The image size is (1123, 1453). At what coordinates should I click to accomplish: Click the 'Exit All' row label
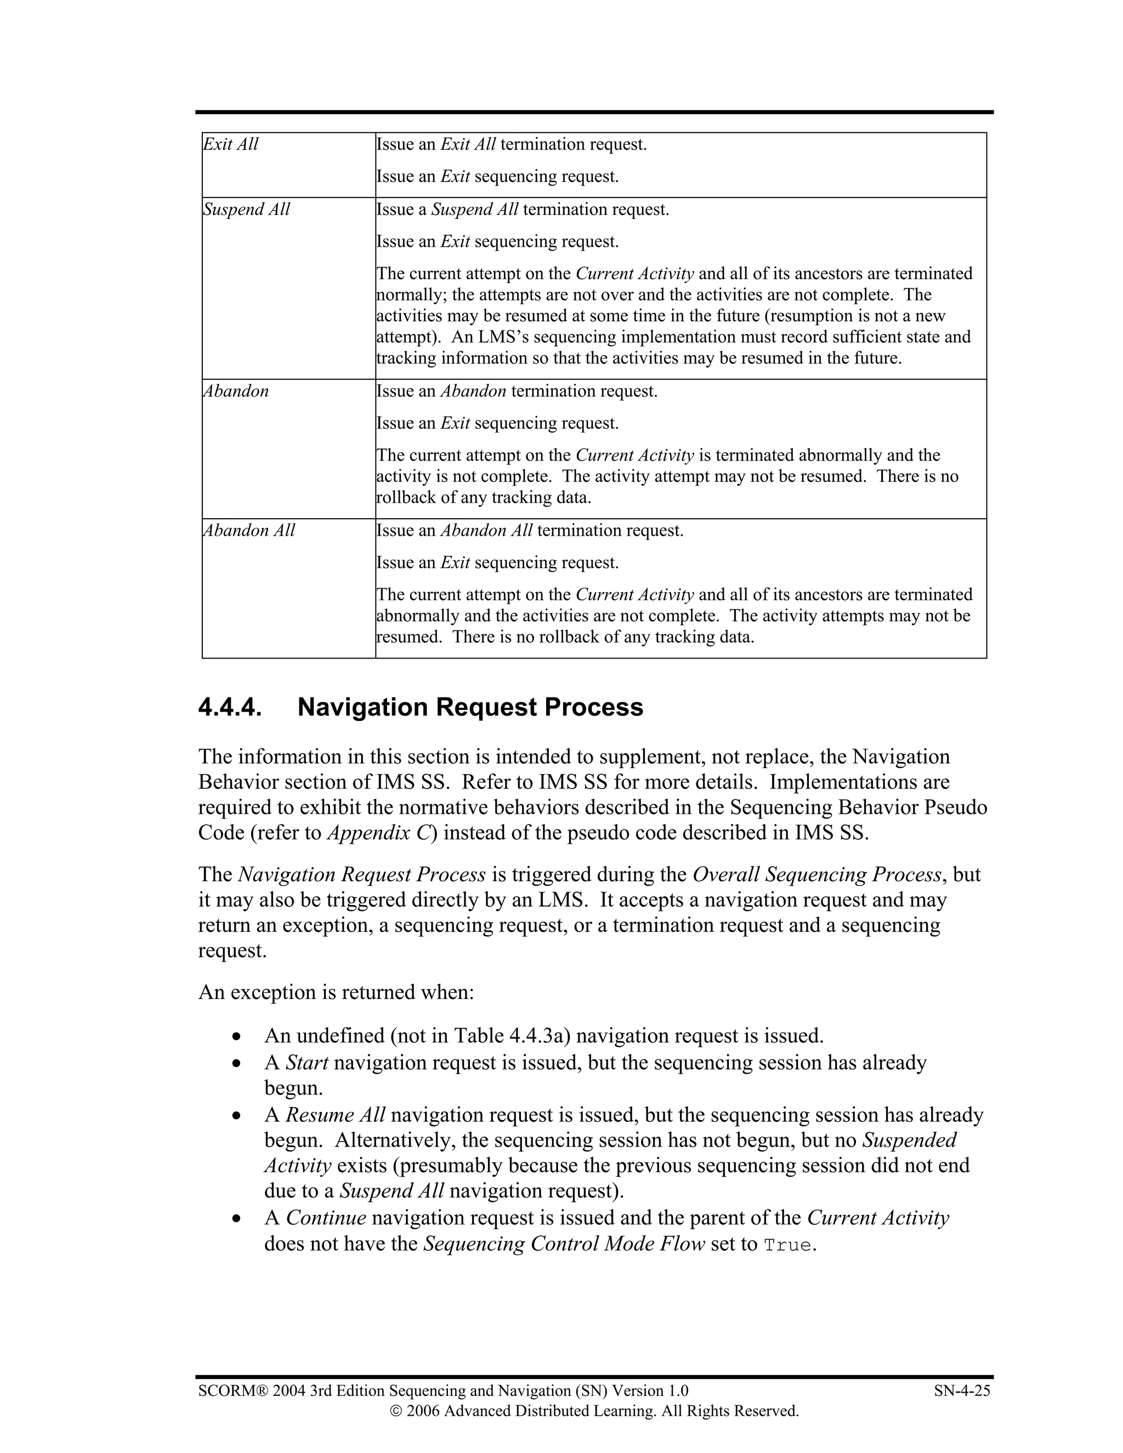coord(230,144)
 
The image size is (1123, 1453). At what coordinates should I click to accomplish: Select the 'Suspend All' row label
coord(246,209)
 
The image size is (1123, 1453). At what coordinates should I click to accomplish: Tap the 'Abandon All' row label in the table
coord(248,530)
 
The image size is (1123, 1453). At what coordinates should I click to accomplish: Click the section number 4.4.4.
coord(230,707)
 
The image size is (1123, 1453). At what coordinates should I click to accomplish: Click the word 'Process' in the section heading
coord(593,707)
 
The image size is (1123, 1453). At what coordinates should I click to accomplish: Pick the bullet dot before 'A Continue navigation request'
coord(236,1219)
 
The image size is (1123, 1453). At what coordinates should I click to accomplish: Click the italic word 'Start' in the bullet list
coord(307,1063)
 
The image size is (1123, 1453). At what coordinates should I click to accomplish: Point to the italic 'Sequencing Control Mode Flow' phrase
coord(564,1244)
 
